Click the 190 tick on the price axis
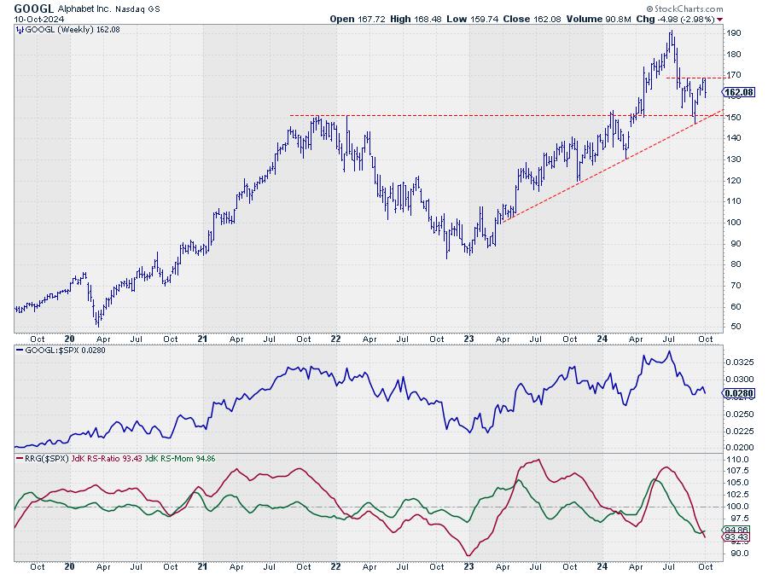pos(733,33)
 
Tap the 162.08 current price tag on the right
pos(736,91)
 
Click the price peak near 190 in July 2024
pos(672,32)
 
